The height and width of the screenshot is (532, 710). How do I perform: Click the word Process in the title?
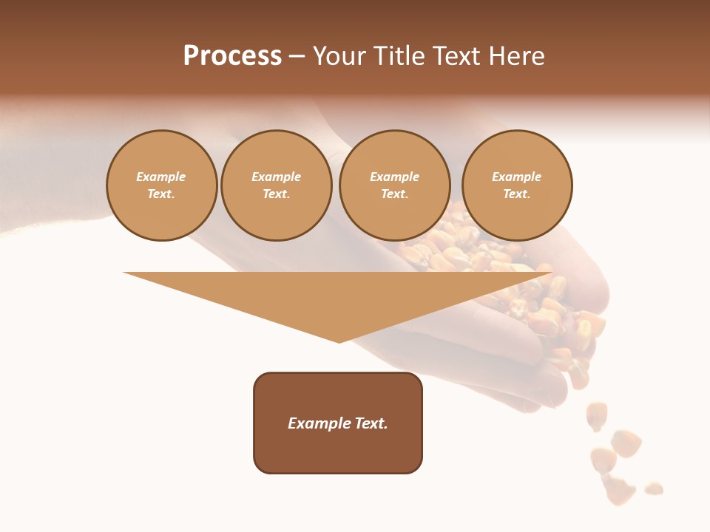coord(232,56)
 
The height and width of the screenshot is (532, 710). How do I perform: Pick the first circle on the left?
coord(161,185)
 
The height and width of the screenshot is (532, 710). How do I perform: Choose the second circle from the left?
coord(277,185)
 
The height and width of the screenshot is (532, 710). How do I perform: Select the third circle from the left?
coord(394,185)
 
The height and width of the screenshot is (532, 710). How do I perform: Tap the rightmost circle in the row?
coord(517,185)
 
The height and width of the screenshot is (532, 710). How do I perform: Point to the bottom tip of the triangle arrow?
coord(339,341)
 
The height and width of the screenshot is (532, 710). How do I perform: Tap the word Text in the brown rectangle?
coord(371,423)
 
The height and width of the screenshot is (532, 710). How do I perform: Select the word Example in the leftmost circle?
coord(161,177)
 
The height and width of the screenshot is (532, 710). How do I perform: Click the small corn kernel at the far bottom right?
coord(653,488)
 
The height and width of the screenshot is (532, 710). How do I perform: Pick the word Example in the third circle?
coord(394,177)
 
